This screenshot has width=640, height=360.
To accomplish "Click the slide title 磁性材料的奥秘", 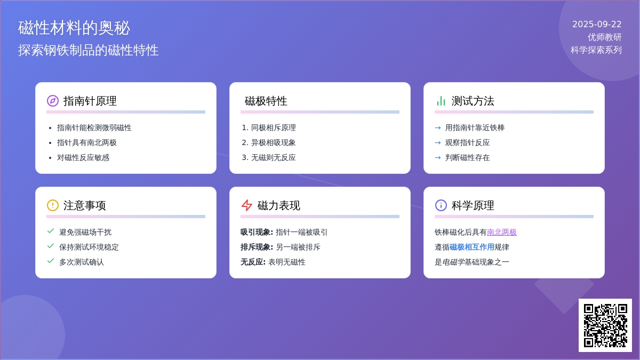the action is click(74, 28).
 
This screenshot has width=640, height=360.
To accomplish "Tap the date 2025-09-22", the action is click(597, 25).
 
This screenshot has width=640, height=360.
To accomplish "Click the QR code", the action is click(605, 325).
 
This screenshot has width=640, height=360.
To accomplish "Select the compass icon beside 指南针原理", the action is click(53, 101).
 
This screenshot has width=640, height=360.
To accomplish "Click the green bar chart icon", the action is click(441, 101).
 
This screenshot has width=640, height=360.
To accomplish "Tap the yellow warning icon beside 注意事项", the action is click(53, 205).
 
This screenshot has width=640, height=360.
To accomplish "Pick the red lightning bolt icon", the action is click(246, 205).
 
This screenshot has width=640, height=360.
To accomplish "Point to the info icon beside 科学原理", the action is click(441, 205).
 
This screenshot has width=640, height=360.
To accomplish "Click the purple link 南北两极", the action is click(502, 232).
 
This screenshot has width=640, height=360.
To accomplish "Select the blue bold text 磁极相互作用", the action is click(472, 247).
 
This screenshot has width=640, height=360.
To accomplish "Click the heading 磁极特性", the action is click(266, 101).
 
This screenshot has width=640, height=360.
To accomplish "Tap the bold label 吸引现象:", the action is click(257, 232).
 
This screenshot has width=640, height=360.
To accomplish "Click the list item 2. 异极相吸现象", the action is click(269, 142).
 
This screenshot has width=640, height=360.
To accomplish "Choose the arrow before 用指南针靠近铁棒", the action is click(438, 127).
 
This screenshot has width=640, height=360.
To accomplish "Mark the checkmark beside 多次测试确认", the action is click(51, 261).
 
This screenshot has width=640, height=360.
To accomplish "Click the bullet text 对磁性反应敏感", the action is click(83, 157).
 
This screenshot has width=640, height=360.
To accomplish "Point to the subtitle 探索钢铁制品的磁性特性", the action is click(89, 50).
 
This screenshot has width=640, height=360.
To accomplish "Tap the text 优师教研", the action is click(605, 37).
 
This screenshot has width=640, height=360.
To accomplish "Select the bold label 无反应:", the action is click(253, 262).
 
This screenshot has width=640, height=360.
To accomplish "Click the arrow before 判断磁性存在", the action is click(438, 157).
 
